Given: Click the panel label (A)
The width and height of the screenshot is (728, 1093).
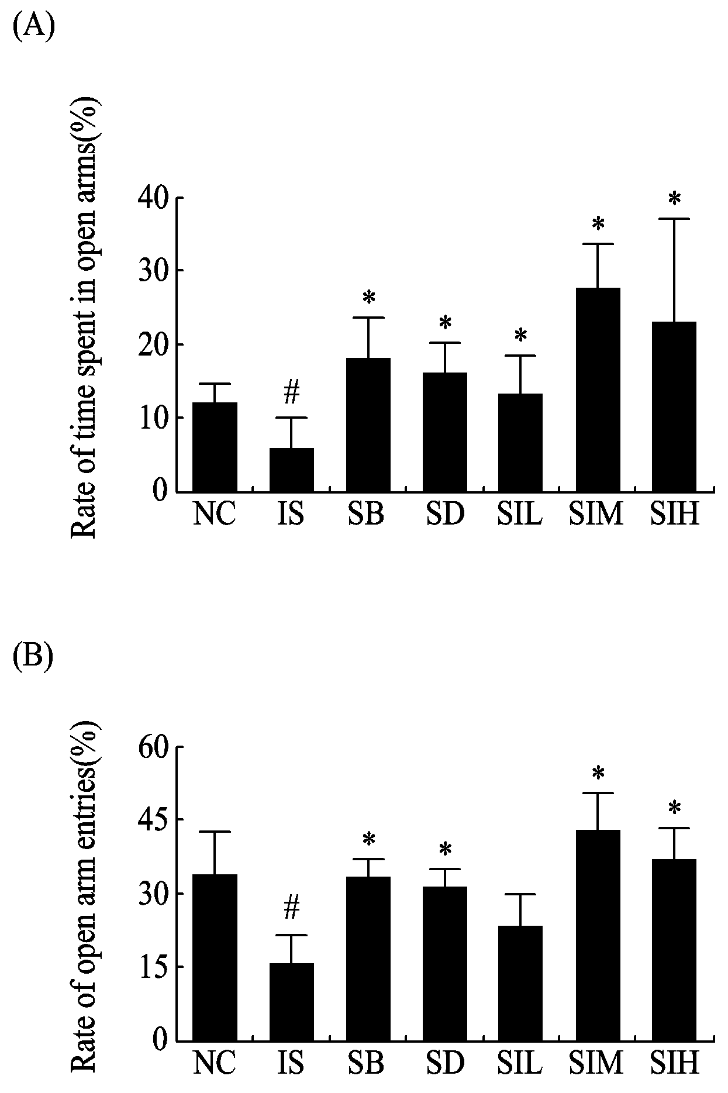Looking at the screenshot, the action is (x=34, y=27).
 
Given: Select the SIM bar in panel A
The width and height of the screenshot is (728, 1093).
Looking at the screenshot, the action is (x=598, y=389).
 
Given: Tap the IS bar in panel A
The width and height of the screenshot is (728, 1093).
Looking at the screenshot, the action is (x=291, y=470).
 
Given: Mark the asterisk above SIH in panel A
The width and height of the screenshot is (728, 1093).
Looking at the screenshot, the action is (x=674, y=199).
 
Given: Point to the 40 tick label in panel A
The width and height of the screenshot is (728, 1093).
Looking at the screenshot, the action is (x=153, y=198).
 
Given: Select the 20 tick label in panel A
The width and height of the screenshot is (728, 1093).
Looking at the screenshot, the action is (x=153, y=344).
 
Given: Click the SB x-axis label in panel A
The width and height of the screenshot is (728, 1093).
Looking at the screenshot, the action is (x=367, y=515).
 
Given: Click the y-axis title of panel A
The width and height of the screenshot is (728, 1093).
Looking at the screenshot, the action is (x=85, y=319).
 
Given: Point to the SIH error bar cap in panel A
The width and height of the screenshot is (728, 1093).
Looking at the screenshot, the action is (x=674, y=219).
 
